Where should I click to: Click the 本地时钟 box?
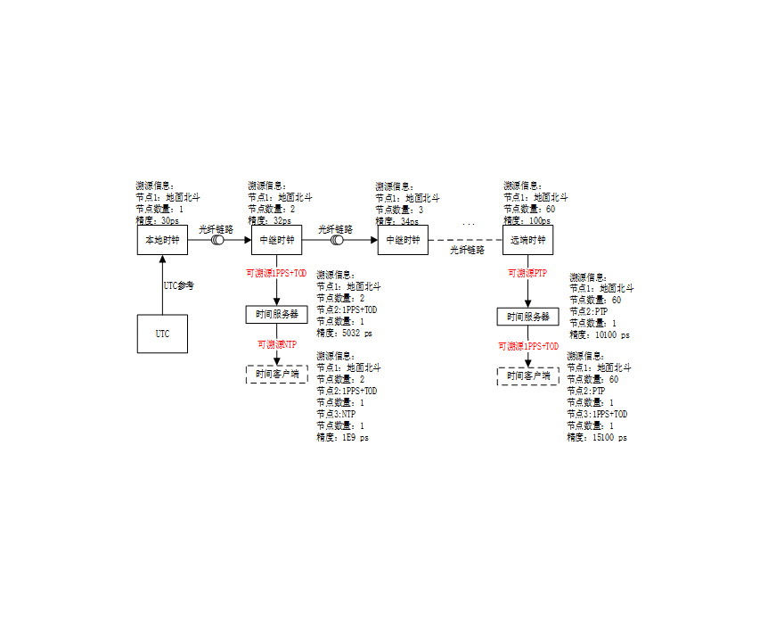coord(162,240)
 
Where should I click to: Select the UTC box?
coord(162,334)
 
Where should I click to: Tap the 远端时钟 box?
coord(529,240)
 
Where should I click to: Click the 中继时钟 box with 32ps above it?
coord(276,240)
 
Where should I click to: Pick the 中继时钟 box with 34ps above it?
coord(404,240)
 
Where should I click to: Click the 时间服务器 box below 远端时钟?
coord(527,317)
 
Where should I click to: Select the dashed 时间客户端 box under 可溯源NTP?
coord(276,375)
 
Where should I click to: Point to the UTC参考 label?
coord(178,286)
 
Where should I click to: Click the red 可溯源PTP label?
coord(527,273)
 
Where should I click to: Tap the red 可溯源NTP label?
coord(276,344)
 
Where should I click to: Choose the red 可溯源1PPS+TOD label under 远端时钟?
coord(527,346)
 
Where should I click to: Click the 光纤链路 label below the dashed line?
coord(467,252)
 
